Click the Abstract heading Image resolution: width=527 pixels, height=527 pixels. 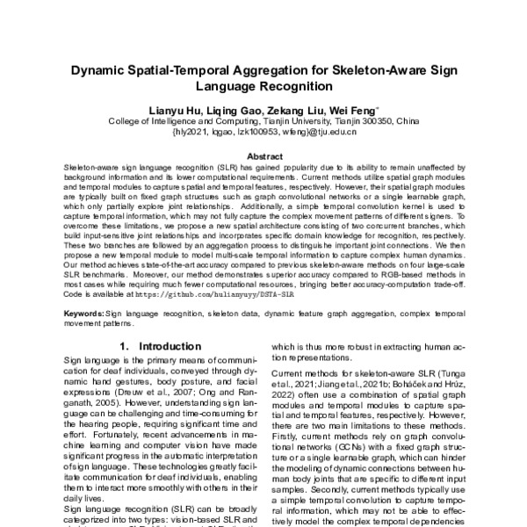(263, 155)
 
